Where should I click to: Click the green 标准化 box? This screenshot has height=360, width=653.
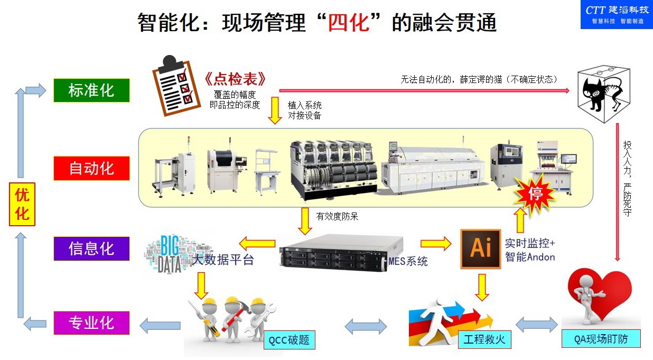[x=91, y=90]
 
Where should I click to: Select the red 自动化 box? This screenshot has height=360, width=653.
[x=91, y=169]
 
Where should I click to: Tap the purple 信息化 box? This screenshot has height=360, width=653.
[x=91, y=248]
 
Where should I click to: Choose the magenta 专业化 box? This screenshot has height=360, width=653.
[x=91, y=322]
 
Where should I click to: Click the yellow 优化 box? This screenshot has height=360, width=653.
[x=22, y=204]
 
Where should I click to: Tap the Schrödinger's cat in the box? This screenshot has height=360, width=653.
[x=604, y=89]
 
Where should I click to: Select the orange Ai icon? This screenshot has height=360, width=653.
[x=480, y=248]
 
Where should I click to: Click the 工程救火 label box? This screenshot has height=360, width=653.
[x=484, y=339]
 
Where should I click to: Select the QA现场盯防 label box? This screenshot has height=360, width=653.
[x=601, y=339]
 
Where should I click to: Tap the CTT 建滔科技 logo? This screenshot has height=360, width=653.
[x=616, y=14]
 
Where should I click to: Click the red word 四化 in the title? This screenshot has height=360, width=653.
[x=348, y=23]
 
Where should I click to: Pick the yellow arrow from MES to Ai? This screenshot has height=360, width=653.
[x=436, y=244]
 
